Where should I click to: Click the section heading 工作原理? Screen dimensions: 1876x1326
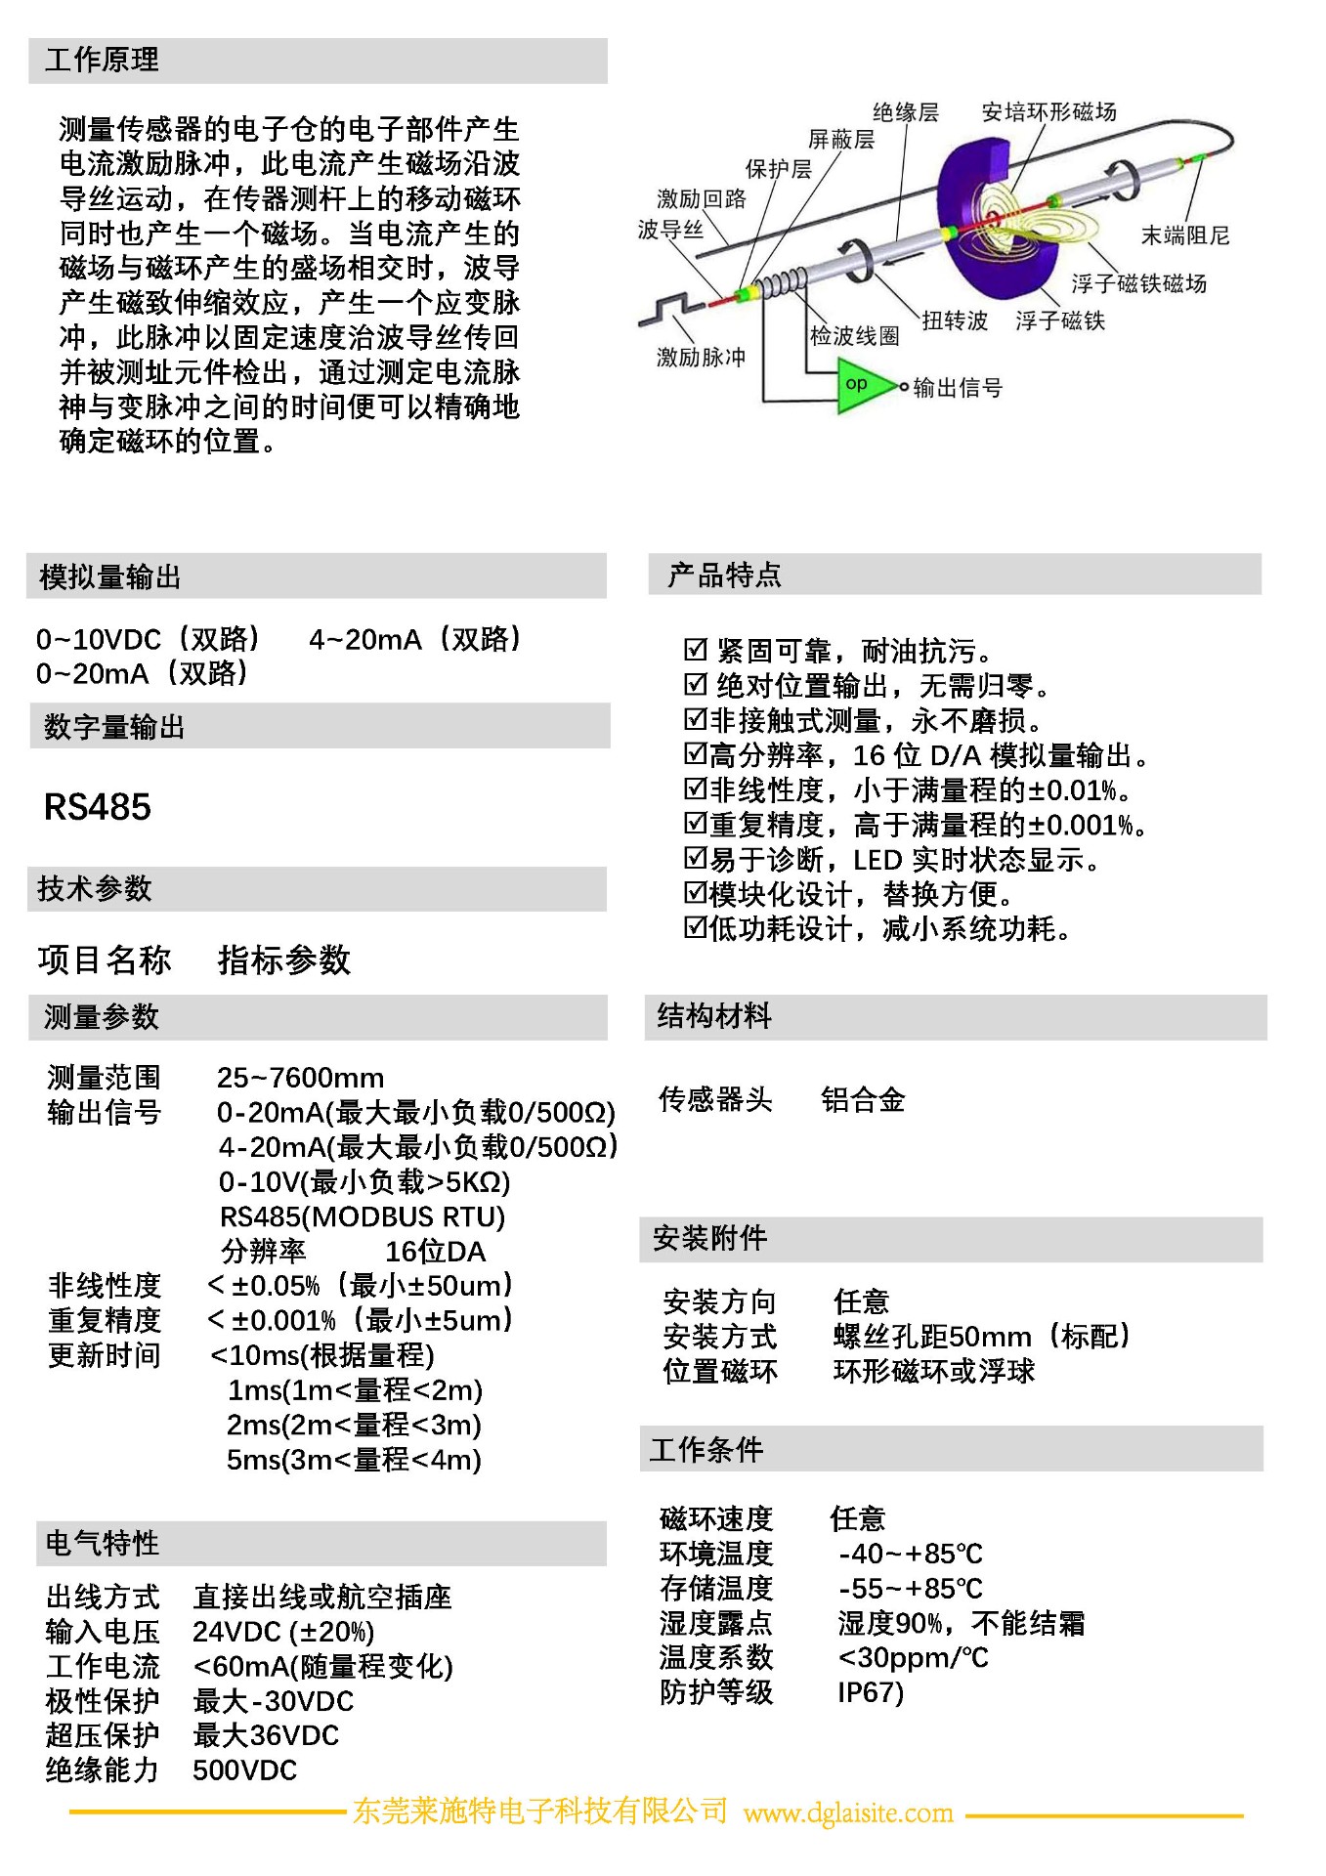point(102,61)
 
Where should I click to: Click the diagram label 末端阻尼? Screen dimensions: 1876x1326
point(1184,235)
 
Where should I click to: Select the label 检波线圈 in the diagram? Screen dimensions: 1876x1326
point(854,336)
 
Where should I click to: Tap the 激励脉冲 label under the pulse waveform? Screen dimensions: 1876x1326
point(701,357)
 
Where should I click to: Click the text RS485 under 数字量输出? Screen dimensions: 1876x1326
point(98,807)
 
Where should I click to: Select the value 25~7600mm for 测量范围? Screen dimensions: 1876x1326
point(300,1078)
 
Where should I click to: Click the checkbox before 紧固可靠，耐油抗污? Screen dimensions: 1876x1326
point(695,650)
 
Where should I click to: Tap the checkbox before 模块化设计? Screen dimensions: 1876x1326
point(695,893)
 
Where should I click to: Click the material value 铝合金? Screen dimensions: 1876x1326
point(862,1100)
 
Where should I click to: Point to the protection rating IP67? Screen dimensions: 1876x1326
point(870,1692)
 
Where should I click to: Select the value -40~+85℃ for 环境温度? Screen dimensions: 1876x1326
point(910,1554)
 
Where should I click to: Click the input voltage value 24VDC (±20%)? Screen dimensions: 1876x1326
point(283,1632)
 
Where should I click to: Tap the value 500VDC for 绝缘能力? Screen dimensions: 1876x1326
point(244,1770)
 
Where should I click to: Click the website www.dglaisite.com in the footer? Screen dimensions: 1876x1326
point(847,1813)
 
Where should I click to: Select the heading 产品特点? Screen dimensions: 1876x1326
point(724,576)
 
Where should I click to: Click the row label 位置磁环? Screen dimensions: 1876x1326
point(720,1371)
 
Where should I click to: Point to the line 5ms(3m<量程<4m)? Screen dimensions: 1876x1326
point(354,1460)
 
